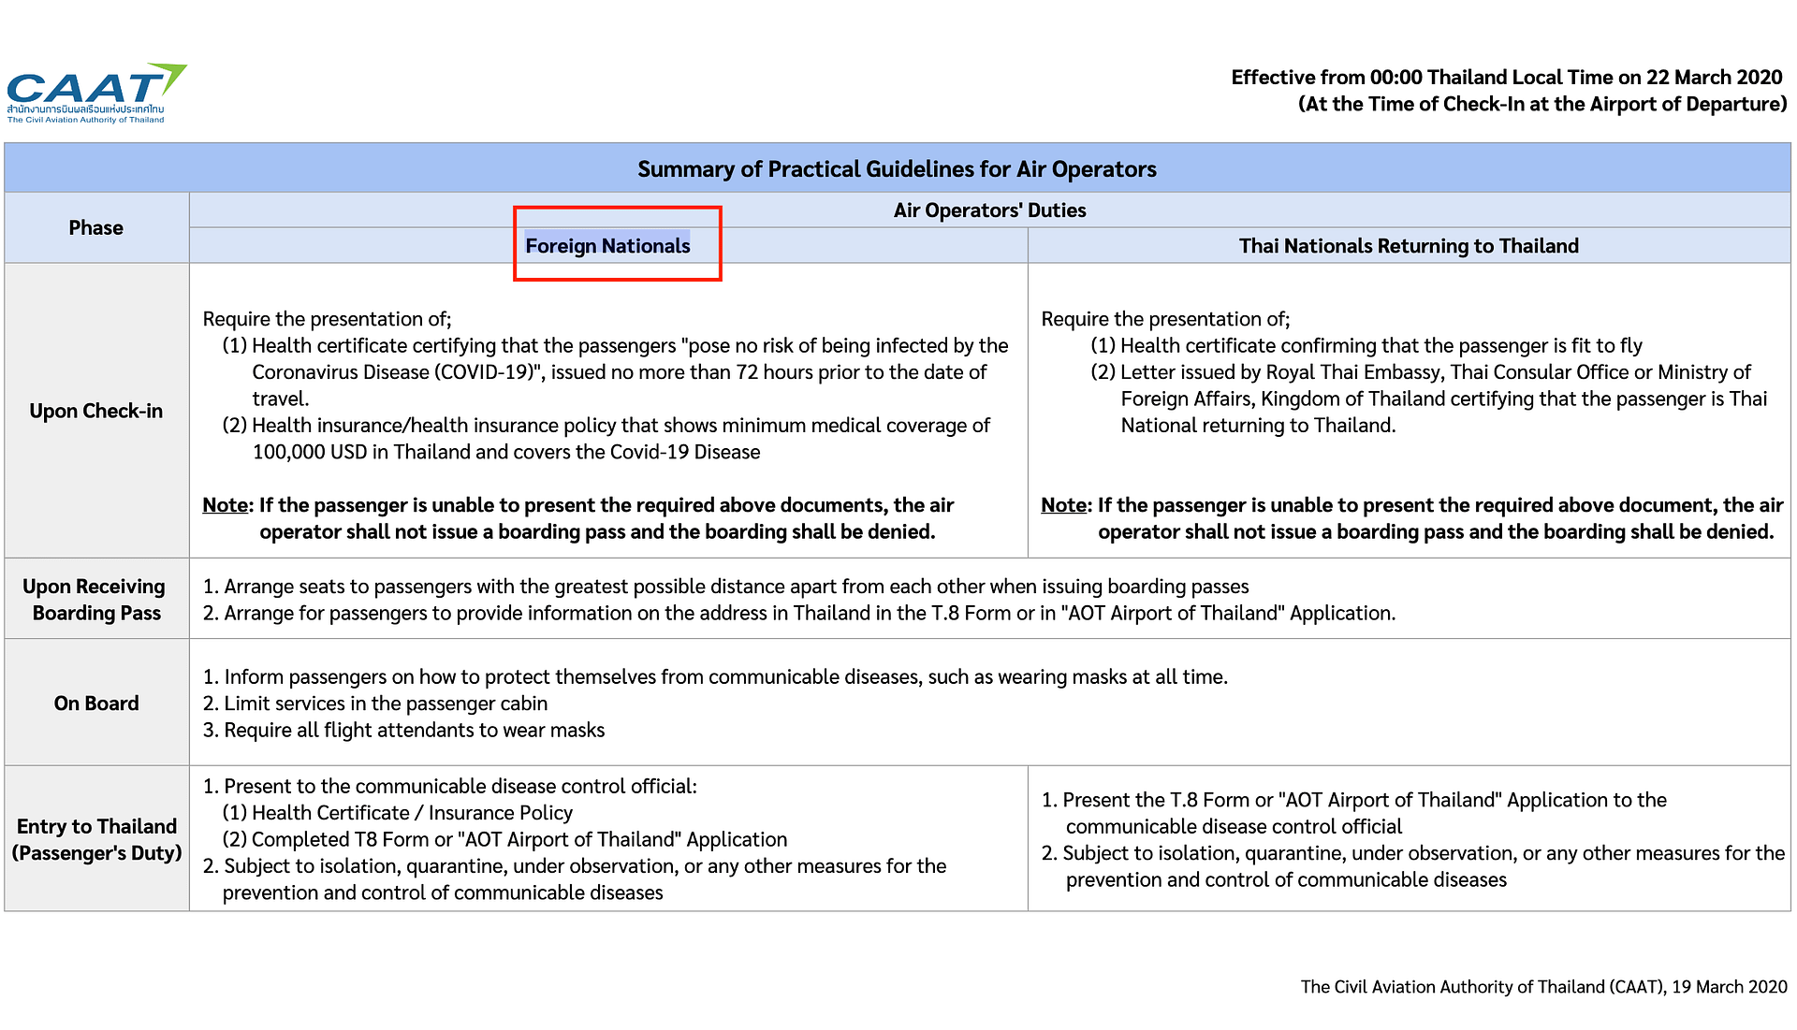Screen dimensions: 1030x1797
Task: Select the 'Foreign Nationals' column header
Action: [x=607, y=246]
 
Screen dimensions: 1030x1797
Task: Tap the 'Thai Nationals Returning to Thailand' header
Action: [x=1408, y=246]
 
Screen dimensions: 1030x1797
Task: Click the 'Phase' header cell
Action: [x=95, y=228]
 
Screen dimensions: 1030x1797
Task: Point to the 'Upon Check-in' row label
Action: [x=95, y=411]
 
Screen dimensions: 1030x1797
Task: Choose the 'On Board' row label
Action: [x=95, y=704]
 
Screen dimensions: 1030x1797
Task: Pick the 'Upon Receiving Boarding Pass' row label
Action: [x=95, y=600]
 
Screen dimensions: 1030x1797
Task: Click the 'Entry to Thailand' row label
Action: [x=95, y=827]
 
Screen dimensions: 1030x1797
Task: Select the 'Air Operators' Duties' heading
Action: [x=989, y=210]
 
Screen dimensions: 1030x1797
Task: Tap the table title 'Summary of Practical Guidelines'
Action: [x=897, y=169]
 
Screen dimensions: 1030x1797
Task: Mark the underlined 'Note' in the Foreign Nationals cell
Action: [x=225, y=505]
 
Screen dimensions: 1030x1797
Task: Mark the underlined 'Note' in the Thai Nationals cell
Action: [x=1063, y=505]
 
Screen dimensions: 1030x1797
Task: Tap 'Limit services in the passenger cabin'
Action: [x=386, y=704]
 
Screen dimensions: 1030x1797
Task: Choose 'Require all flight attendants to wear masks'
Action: [x=414, y=731]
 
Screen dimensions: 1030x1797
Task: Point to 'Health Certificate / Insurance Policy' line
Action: [x=412, y=813]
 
